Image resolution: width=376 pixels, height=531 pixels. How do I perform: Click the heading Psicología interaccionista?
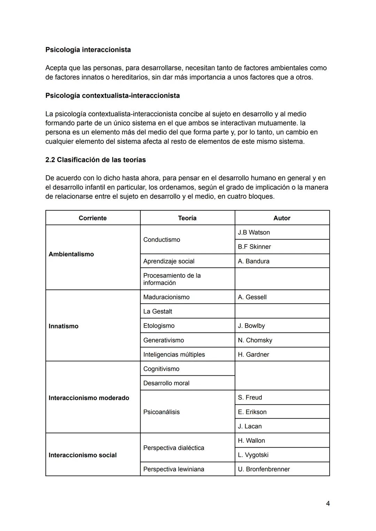tap(88, 50)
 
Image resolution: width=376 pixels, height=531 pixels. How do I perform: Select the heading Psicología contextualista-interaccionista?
tap(112, 95)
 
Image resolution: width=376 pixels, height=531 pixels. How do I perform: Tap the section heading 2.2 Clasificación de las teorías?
tap(95, 160)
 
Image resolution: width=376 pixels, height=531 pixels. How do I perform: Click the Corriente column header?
tap(93, 218)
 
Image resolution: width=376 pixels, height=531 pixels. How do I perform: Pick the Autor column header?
tap(282, 218)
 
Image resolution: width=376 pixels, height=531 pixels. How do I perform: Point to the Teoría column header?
tap(187, 218)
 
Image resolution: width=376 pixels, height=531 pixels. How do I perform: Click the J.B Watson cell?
tap(254, 232)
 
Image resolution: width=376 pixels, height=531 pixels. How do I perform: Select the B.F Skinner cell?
tap(254, 247)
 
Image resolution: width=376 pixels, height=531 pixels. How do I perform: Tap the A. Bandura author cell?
tap(253, 261)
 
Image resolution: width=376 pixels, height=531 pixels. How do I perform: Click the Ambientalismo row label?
tap(71, 254)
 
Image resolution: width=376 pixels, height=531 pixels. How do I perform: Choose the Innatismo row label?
tap(64, 326)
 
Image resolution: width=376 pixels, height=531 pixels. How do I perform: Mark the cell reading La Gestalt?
tap(158, 311)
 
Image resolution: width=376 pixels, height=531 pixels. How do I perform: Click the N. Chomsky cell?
tap(255, 340)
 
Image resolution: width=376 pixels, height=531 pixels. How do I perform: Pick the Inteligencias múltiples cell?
tap(174, 354)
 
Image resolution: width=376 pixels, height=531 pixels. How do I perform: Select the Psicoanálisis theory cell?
tap(162, 412)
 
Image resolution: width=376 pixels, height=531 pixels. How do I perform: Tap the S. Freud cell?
tap(250, 397)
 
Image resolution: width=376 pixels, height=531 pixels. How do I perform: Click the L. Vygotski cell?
tap(253, 455)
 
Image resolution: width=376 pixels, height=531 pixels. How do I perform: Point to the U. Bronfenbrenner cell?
tap(264, 469)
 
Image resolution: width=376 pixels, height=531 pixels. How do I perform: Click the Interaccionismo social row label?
tap(83, 455)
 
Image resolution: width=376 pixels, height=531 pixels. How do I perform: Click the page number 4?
tap(328, 503)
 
